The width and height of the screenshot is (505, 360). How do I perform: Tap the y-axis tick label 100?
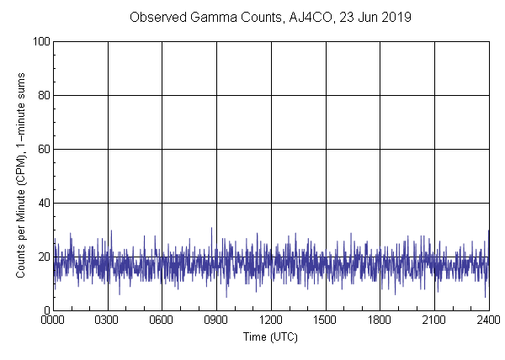tap(40, 41)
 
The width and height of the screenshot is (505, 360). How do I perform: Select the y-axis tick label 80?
tap(43, 95)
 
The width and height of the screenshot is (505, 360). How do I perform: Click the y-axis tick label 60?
tap(43, 149)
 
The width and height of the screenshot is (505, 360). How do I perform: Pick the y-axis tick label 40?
tap(43, 203)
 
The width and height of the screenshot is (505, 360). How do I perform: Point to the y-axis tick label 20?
tap(43, 257)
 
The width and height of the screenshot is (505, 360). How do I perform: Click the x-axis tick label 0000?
tap(53, 320)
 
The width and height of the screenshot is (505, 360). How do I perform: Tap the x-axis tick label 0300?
tap(108, 320)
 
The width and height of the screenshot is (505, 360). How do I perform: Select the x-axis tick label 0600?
tap(162, 320)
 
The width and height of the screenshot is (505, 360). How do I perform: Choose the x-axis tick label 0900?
tap(216, 320)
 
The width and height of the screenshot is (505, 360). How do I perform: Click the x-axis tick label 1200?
tap(271, 320)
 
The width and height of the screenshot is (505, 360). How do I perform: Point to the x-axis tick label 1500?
tap(326, 320)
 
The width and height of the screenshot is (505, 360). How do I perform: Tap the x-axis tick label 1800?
tap(380, 320)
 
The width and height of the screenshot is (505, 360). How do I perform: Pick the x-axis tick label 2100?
tap(434, 320)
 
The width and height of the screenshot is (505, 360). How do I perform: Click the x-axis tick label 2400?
tap(488, 320)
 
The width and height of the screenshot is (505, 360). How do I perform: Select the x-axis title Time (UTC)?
tap(270, 336)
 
